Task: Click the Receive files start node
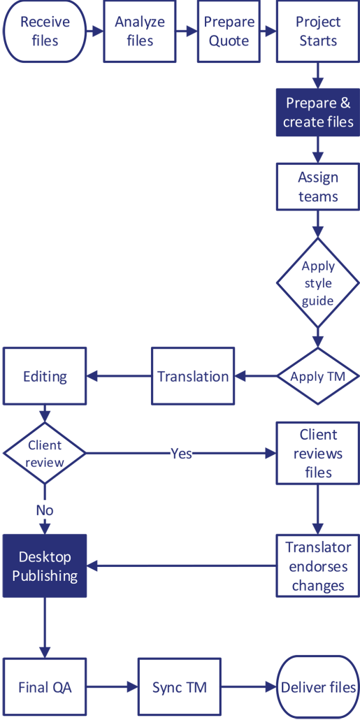coord(45,31)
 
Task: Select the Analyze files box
coord(140,31)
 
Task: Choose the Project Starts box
coord(318,31)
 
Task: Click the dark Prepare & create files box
coord(318,113)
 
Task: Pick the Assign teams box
coord(318,187)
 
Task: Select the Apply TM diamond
coord(318,377)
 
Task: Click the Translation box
coord(193,377)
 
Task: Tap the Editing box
coord(45,377)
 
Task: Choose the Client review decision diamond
coord(45,454)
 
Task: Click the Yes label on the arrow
coord(181,454)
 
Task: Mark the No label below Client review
coord(45,510)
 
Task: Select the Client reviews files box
coord(318,454)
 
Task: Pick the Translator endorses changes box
coord(318,566)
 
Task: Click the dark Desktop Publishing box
coord(45,566)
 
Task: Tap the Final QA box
coord(45,687)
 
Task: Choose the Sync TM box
coord(180,687)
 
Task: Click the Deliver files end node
coord(318,687)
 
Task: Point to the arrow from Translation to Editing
coord(119,377)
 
